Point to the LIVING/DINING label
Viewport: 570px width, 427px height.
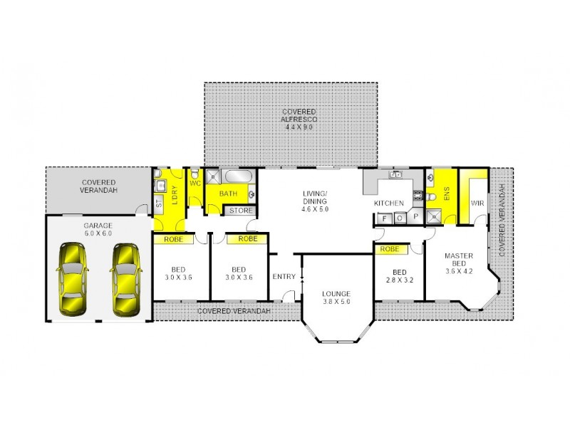(313, 201)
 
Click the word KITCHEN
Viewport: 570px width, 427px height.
(390, 204)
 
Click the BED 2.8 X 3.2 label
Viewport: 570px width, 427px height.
(398, 276)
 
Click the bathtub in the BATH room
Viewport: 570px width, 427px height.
(237, 176)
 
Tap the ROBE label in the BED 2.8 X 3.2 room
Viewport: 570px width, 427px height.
(390, 249)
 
